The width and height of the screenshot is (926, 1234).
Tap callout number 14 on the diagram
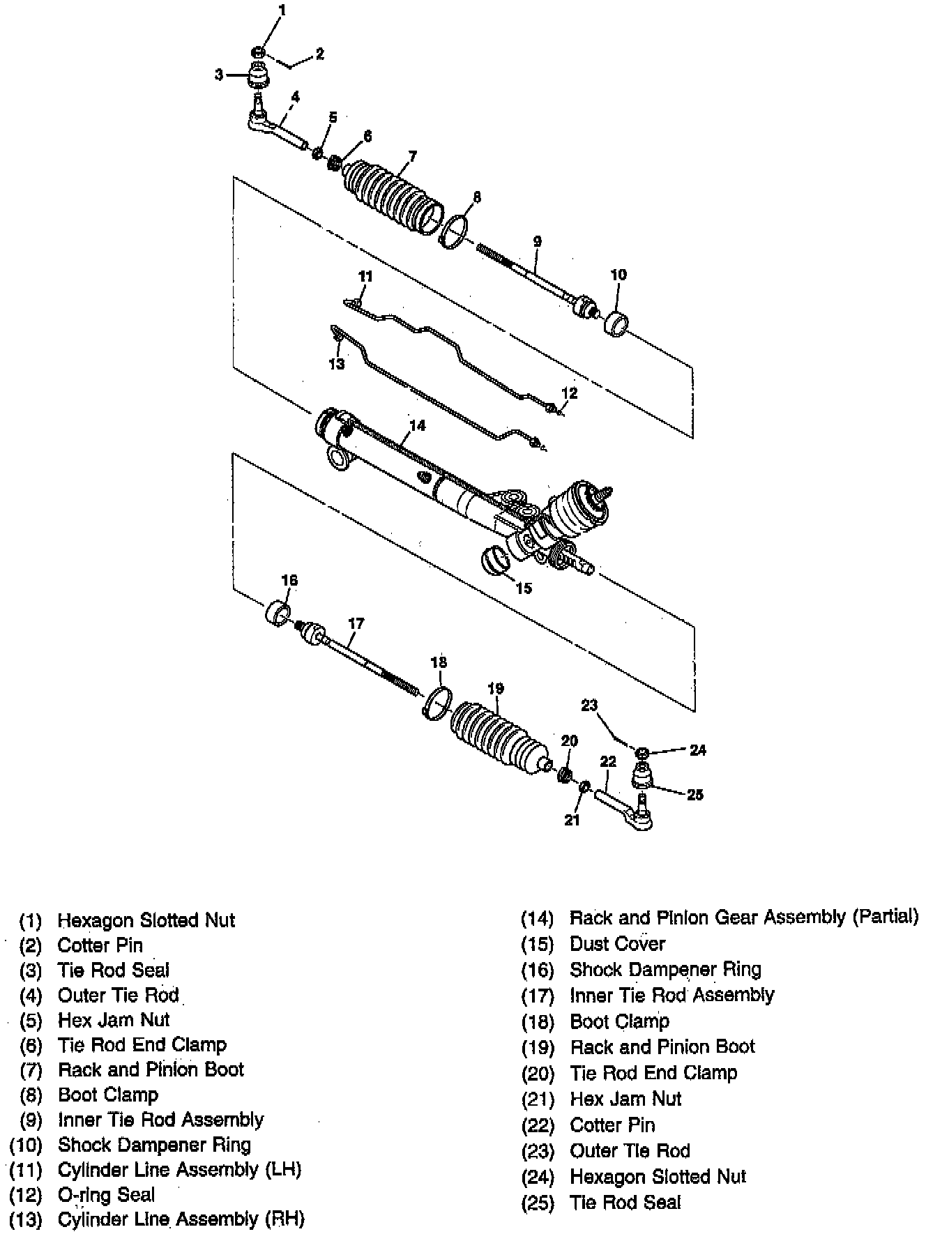pos(417,425)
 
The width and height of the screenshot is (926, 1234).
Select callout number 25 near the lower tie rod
pos(695,794)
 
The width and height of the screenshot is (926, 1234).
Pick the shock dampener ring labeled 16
pos(278,613)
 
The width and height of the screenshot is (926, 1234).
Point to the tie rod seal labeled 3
pos(259,73)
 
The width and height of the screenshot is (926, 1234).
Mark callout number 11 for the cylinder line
pos(365,277)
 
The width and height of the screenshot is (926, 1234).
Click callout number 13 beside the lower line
pos(337,364)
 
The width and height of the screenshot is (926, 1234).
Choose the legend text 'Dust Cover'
pos(617,944)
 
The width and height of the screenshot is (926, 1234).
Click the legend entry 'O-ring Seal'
pos(106,1195)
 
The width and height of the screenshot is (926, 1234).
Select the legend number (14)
pos(537,918)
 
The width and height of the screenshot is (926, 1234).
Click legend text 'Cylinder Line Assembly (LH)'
pos(179,1169)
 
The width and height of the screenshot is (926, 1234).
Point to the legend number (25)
pos(537,1203)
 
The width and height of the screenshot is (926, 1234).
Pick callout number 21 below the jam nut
pos(572,820)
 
